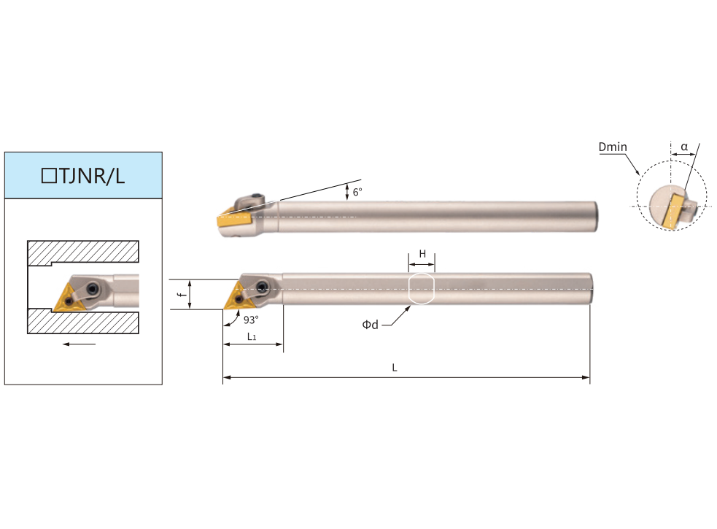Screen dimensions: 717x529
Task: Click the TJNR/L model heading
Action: click(82, 176)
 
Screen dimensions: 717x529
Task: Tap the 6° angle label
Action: click(357, 192)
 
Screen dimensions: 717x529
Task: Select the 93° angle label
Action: click(251, 320)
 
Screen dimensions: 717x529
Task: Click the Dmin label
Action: click(613, 147)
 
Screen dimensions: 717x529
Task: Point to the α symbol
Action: click(684, 147)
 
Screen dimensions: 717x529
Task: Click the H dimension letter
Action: click(422, 253)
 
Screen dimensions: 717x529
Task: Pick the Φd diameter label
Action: click(371, 325)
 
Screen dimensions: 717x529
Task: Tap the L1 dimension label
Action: click(252, 337)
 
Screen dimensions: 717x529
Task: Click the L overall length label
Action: click(395, 368)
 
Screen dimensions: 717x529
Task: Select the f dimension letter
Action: click(183, 294)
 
